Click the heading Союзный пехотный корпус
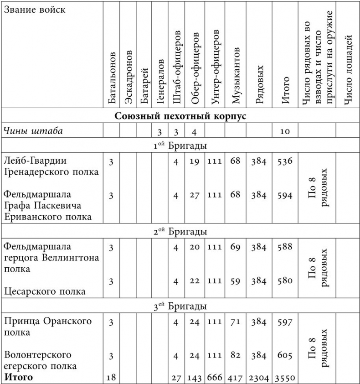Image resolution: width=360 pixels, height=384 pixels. [180, 116]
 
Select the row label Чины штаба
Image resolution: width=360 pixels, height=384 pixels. [33, 131]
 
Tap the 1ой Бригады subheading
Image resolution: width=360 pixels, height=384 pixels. [180, 146]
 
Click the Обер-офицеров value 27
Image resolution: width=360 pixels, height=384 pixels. [195, 195]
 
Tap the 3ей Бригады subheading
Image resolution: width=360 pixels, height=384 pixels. [180, 306]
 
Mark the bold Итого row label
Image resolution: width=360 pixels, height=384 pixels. [19, 377]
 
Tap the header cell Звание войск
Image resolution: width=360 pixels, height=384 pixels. [34, 10]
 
